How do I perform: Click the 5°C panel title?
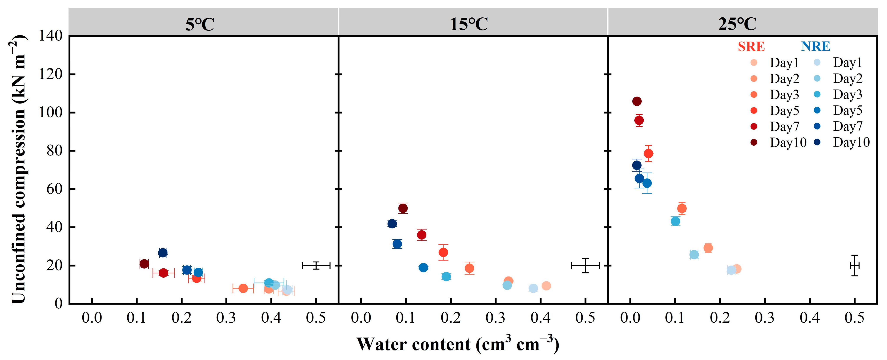pos(200,24)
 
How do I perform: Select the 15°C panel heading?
pos(469,24)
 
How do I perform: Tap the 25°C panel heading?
pos(737,24)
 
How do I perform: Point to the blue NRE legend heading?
pos(815,46)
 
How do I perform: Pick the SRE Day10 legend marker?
pos(754,142)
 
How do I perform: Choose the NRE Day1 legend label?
pos(847,63)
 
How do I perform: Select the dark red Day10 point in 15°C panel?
pos(403,208)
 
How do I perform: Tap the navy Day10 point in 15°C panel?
pos(392,223)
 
